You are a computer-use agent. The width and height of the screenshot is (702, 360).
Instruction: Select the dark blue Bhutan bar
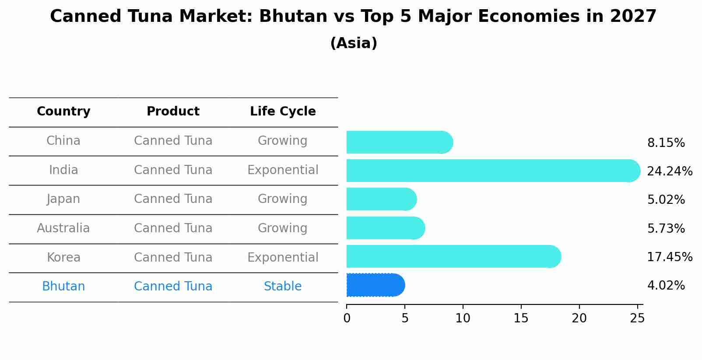coord(376,285)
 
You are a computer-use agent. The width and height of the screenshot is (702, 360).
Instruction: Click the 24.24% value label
coord(669,171)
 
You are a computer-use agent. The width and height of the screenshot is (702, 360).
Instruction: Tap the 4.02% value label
coord(666,286)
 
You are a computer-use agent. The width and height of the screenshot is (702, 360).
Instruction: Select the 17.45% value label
coord(669,257)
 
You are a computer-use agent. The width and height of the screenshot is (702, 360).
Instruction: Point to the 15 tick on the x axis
coord(521,318)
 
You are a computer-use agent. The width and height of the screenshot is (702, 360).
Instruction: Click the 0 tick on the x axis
coord(347,318)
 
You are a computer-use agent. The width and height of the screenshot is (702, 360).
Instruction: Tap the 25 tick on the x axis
coord(637,318)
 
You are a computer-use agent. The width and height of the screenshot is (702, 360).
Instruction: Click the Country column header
coord(63,112)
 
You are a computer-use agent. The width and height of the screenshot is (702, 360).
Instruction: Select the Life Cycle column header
coord(283,112)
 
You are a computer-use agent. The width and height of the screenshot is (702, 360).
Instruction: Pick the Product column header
coord(173,112)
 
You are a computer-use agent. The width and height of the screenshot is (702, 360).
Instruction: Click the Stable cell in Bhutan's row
coord(283,287)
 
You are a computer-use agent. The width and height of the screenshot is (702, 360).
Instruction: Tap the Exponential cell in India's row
coord(283,170)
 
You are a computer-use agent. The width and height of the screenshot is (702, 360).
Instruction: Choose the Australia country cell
coord(63,228)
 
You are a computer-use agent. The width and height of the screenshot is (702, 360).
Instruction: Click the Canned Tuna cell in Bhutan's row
coord(173,287)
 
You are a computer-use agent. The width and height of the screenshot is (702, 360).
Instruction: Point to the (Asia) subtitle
coord(354,43)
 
